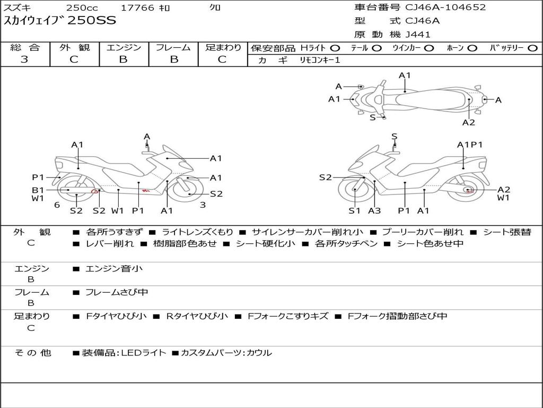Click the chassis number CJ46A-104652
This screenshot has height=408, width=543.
coord(445,7)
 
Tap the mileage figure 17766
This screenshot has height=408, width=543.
coord(137,7)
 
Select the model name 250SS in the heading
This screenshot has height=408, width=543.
coord(92,20)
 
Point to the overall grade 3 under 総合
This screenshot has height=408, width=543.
coord(24,59)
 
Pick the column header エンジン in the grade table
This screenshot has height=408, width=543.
coord(124,47)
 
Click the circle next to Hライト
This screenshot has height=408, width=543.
coord(335,48)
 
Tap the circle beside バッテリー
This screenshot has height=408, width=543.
coord(532,48)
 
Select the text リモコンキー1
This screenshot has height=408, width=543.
coord(320,60)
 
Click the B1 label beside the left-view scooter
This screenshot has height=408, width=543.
coord(38,190)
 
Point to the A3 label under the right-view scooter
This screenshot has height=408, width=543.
coord(374,210)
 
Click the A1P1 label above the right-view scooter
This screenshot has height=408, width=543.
coord(470,144)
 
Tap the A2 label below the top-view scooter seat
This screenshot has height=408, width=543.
coord(469,122)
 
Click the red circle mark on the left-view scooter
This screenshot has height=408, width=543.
coord(94,191)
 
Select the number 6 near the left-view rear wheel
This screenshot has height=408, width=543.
coord(57,205)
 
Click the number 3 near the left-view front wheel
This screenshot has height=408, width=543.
coord(203,205)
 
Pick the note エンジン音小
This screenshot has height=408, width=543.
coord(114,268)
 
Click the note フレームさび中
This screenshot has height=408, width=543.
coord(117,292)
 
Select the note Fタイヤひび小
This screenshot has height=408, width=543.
coord(116,316)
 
